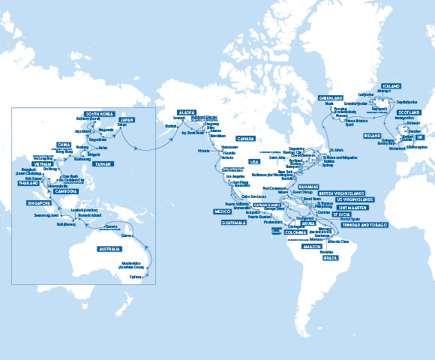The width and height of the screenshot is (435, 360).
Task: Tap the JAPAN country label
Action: [x=127, y=118]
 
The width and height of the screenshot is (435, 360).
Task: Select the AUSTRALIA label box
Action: [x=109, y=248]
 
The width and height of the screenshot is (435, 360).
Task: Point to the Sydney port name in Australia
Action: [x=134, y=276]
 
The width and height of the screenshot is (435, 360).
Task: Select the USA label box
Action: [x=253, y=161]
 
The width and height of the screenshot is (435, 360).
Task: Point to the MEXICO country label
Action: [x=223, y=211]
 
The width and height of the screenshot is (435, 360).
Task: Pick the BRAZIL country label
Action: [x=330, y=257]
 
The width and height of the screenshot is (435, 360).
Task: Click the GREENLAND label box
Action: [x=331, y=97]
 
